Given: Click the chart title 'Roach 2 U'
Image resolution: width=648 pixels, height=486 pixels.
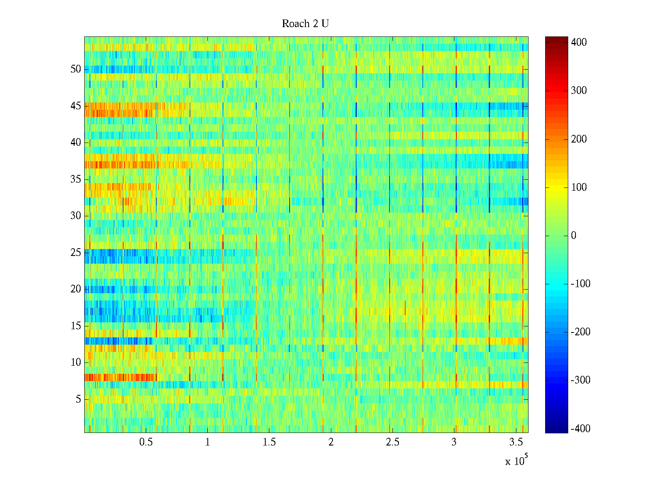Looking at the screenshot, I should click(305, 24).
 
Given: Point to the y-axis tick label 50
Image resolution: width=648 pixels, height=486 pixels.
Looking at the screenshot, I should click(76, 69).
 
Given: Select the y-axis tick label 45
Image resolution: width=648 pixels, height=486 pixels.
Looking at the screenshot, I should click(76, 106).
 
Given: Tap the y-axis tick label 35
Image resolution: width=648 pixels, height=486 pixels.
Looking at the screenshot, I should click(76, 179).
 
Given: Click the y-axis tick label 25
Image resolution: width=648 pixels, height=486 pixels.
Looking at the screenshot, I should click(76, 253).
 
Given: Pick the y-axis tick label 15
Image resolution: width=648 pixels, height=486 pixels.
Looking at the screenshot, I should click(76, 326).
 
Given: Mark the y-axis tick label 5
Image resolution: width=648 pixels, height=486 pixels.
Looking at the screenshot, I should click(78, 399).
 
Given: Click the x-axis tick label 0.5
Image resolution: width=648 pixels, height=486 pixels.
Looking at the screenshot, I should click(146, 442).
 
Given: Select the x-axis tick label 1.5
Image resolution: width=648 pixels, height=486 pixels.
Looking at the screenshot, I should click(269, 442).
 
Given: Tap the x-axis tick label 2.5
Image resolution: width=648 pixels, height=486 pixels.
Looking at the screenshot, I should click(392, 442).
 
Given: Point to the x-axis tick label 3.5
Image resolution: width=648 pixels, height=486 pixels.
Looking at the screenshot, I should click(516, 442).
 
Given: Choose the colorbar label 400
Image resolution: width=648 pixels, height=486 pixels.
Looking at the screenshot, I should click(579, 43).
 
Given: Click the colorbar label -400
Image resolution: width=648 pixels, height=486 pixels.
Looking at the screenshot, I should click(580, 429).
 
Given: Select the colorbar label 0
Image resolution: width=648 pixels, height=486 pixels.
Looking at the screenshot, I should click(573, 236).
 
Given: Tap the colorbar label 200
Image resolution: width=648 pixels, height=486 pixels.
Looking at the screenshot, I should click(579, 139).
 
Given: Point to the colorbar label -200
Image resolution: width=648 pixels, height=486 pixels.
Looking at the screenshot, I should click(580, 332).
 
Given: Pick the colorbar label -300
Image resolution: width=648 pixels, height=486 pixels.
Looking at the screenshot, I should click(580, 380).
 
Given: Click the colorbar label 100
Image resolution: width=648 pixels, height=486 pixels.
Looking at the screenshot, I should click(579, 188).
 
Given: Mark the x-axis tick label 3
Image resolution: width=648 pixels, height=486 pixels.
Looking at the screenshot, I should click(454, 442).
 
